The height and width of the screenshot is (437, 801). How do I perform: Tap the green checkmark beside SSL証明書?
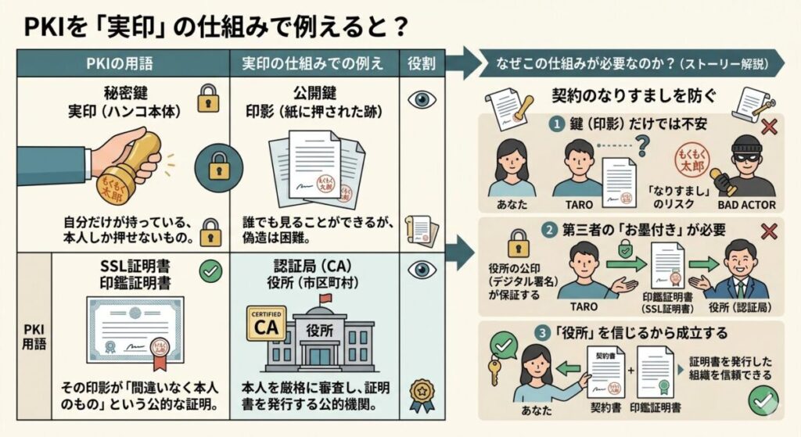pyautogui.click(x=210, y=271)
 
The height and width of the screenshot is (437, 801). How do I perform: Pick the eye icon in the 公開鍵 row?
pyautogui.click(x=423, y=99)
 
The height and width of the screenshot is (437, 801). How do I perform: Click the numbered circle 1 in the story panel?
pyautogui.click(x=557, y=124)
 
